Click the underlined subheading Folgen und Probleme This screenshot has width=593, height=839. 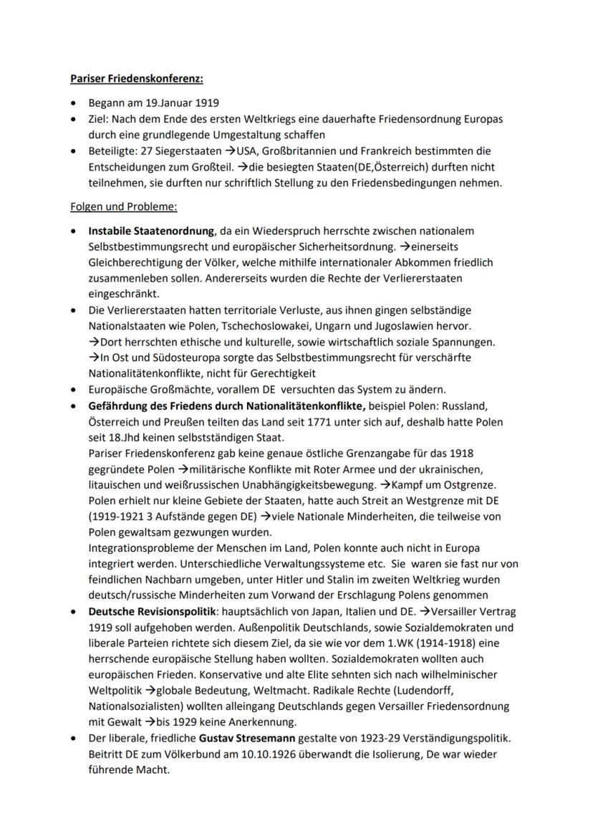point(124,207)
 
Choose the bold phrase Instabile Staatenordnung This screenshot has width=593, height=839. point(151,231)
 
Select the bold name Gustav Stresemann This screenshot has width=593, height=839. point(241,737)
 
